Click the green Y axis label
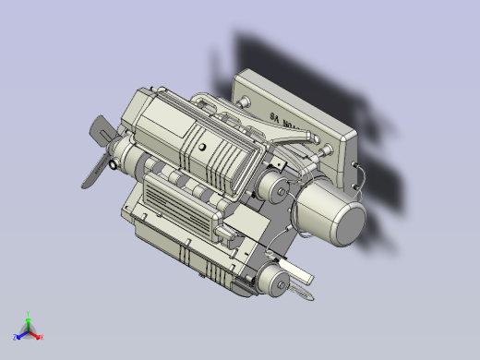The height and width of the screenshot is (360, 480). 29,314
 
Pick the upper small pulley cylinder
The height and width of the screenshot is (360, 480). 273,190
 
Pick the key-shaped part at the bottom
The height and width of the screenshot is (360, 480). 302,294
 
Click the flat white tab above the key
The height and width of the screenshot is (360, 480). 297,271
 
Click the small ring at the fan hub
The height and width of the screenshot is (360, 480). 114,165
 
